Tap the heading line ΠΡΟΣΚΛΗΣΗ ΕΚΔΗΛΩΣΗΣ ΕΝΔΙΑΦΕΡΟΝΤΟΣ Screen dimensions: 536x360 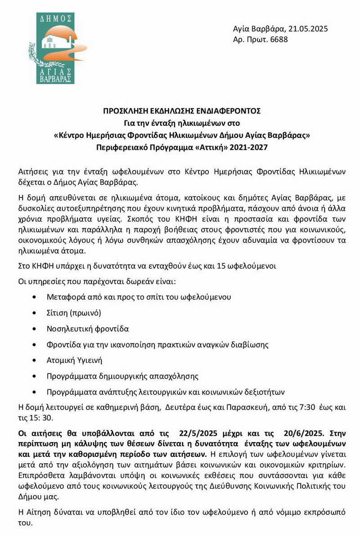[x=180, y=111]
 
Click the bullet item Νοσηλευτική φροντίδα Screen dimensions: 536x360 [x=88, y=329]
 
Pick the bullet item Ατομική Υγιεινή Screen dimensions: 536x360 [x=75, y=360]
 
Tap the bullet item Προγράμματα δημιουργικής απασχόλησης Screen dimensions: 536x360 [x=122, y=375]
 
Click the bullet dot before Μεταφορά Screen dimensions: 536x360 [x=36, y=297]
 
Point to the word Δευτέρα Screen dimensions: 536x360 [x=180, y=407]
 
